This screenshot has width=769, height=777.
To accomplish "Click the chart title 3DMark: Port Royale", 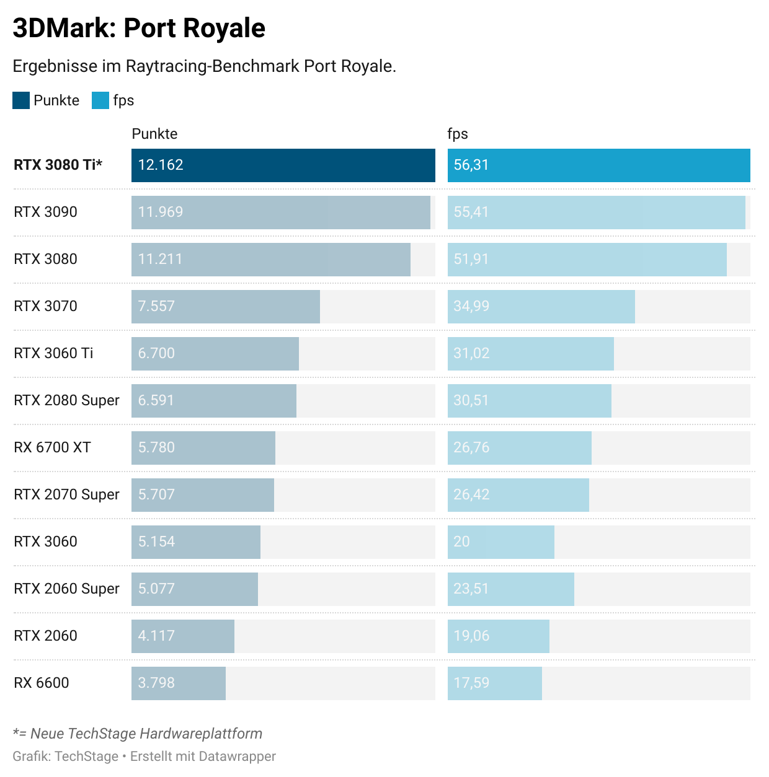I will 139,29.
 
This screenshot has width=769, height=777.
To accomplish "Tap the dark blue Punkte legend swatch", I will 21,100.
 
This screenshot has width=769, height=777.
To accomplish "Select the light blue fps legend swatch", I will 100,100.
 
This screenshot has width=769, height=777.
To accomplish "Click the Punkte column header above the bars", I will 154,134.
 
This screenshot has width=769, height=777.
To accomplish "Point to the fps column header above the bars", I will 458,134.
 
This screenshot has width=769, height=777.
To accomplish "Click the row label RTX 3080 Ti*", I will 58,165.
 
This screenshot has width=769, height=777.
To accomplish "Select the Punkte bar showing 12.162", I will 283,165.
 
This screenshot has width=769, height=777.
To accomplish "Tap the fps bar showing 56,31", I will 598,165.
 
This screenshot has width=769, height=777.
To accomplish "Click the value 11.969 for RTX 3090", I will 161,212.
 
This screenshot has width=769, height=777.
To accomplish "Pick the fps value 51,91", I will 471,259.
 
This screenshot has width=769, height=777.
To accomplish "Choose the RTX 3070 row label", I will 45,306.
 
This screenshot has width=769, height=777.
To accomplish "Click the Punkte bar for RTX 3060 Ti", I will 215,354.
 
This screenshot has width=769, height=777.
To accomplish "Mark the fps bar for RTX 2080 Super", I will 529,401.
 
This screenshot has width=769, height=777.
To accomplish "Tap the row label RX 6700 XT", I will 52,447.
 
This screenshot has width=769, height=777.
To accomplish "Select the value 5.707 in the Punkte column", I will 156,494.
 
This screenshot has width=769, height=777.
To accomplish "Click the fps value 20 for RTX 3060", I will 461,542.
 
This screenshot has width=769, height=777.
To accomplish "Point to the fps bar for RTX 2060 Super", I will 510,589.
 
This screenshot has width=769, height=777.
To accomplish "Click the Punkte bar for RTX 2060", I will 182,636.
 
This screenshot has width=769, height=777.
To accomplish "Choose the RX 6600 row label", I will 42,683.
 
